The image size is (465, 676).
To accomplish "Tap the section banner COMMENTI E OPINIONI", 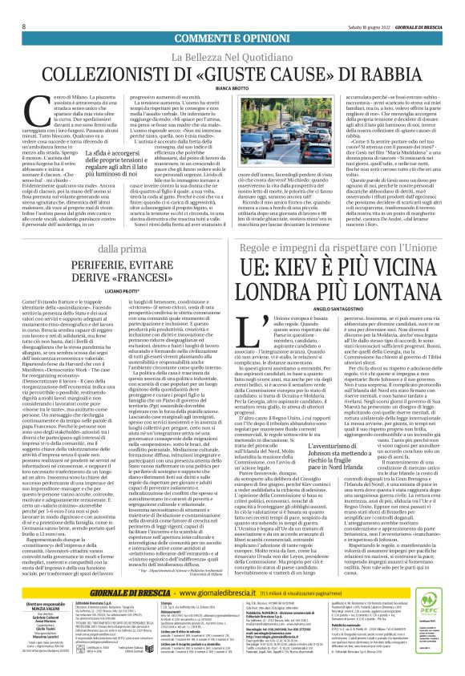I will pos(232,17).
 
